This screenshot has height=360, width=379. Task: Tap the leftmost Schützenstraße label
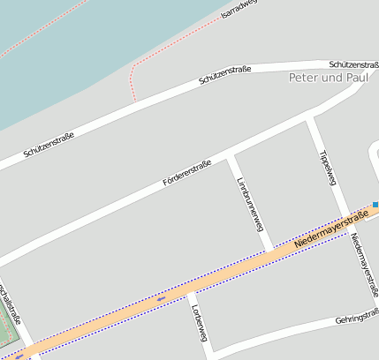coord(49,144)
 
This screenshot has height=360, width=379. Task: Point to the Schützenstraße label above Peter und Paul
coord(352,64)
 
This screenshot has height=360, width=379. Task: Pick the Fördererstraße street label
coord(187,173)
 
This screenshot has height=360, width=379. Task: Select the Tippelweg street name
coord(327,167)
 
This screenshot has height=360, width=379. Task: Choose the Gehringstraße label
coord(357,317)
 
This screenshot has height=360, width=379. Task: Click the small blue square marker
coord(375,205)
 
